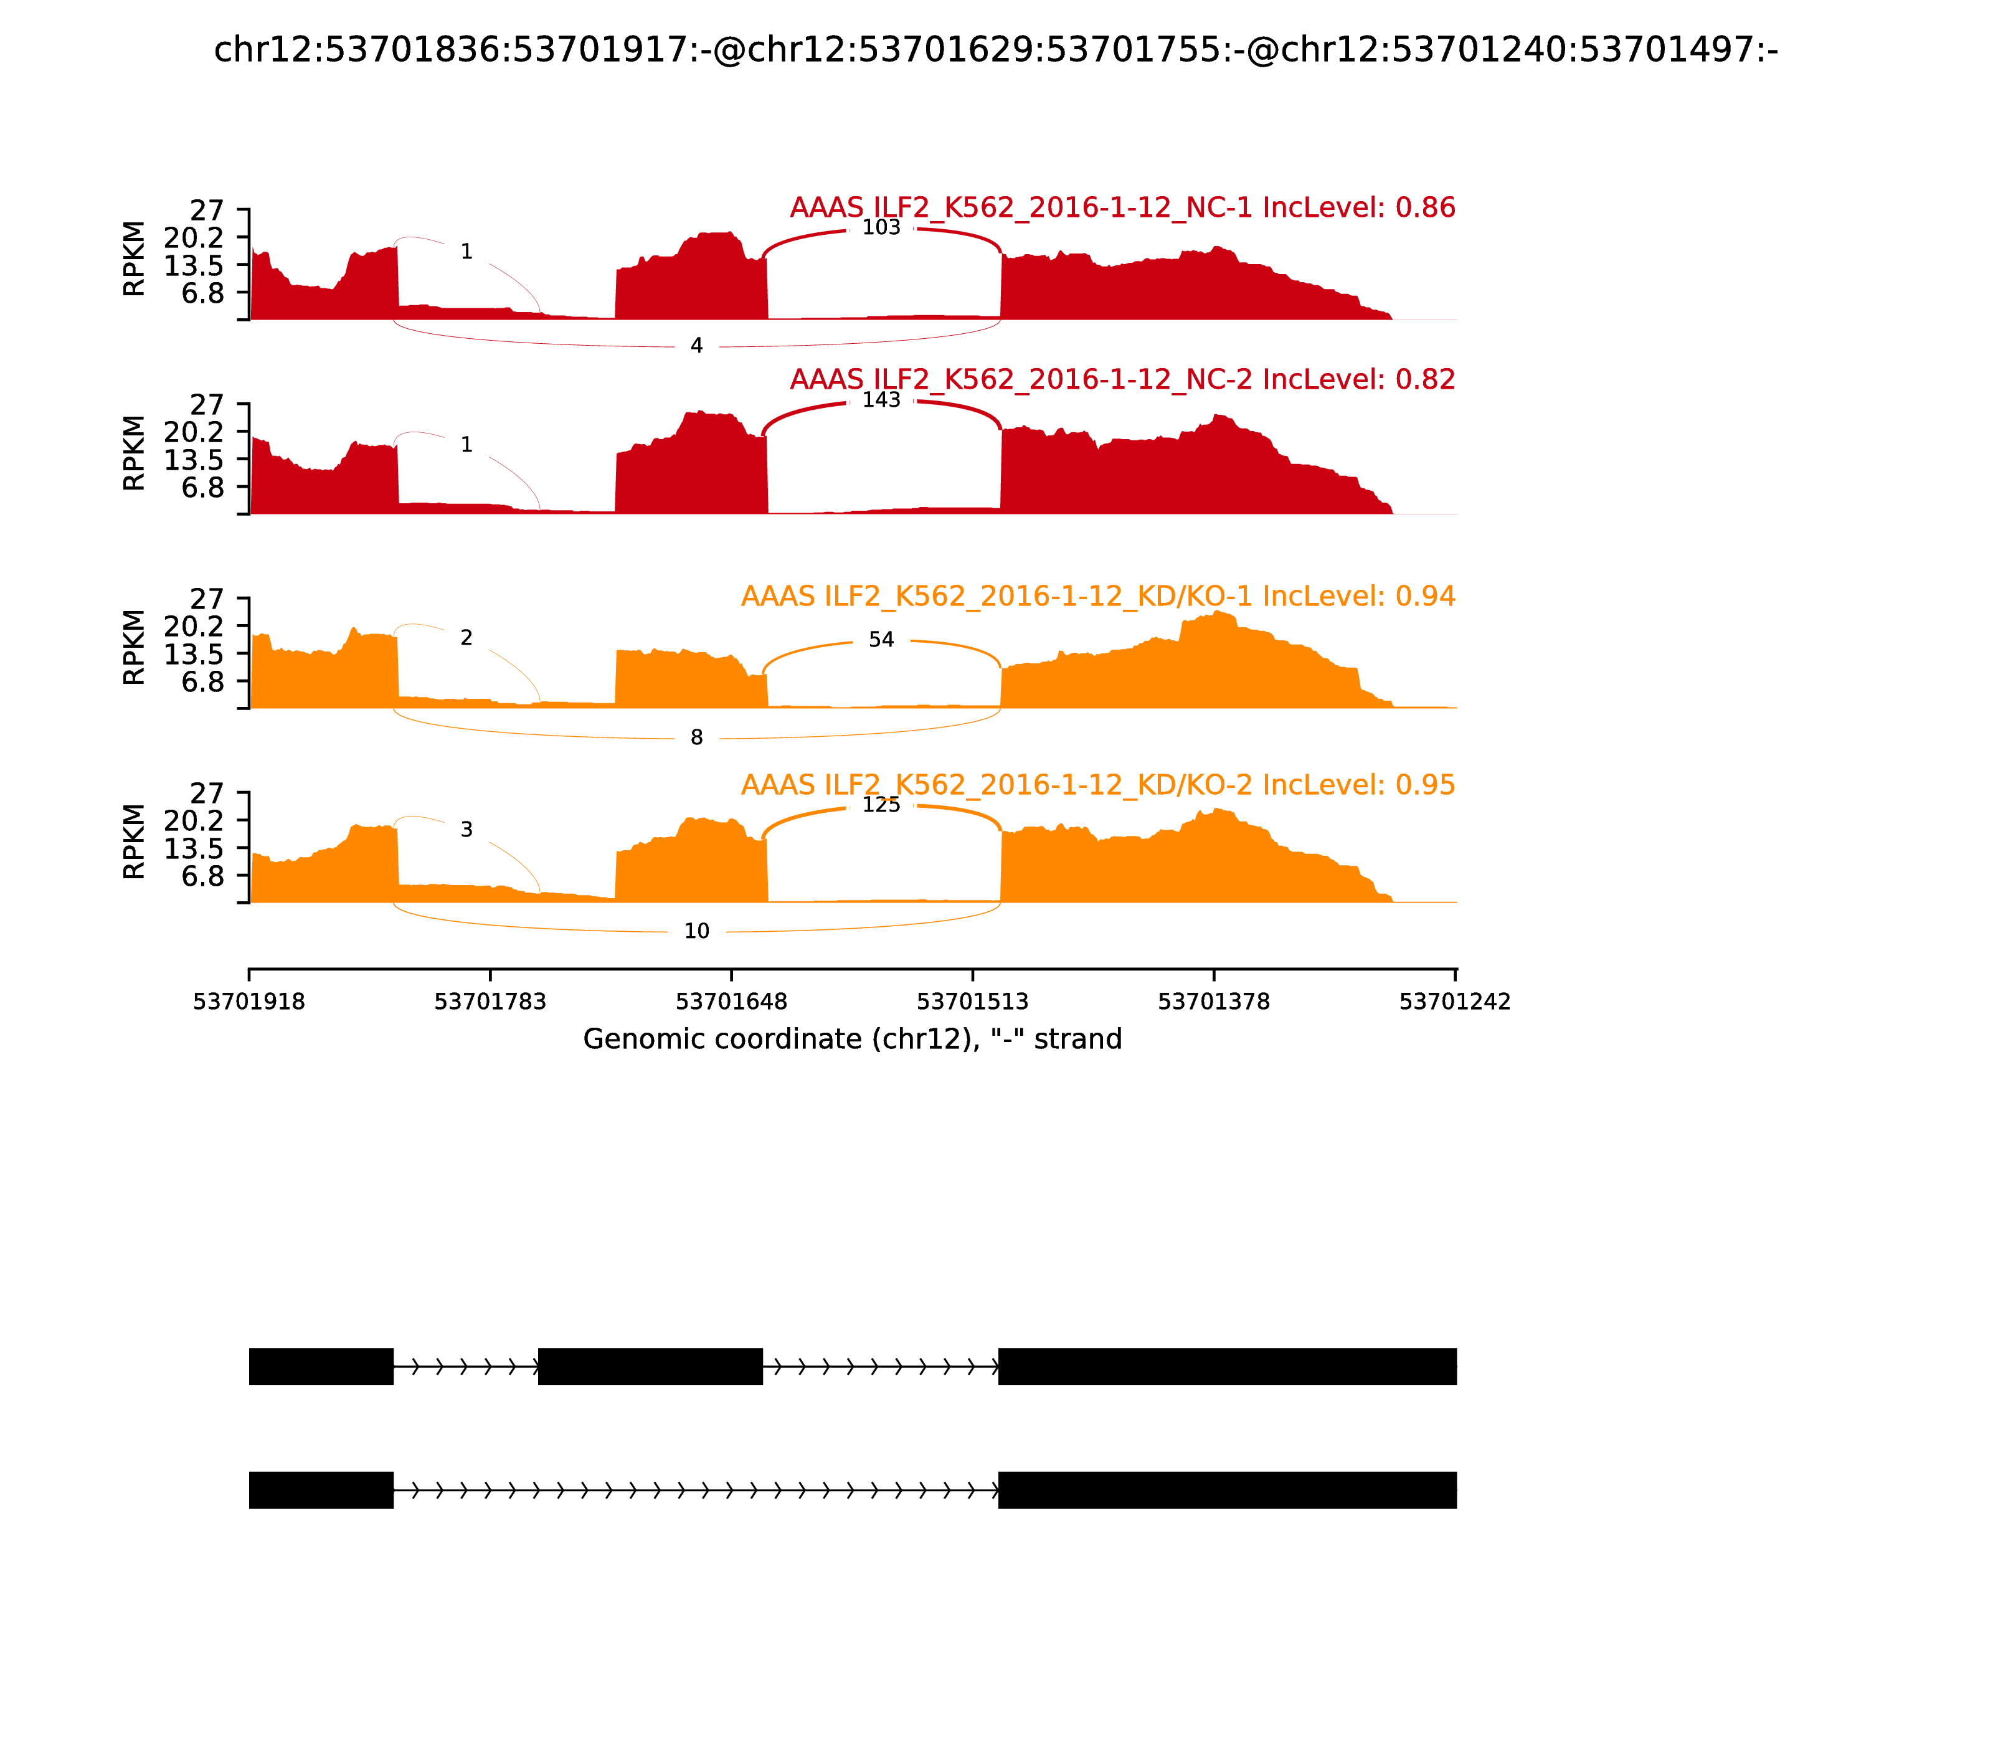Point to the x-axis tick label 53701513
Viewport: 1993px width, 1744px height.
pos(972,1002)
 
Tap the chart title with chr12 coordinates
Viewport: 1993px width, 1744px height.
pos(995,50)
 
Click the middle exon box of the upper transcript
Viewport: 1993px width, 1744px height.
pos(650,1367)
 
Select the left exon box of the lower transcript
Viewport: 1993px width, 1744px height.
pos(321,1490)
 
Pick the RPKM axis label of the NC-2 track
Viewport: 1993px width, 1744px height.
pos(135,453)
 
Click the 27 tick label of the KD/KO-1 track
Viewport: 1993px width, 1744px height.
pos(206,599)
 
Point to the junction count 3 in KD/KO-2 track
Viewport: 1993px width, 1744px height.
pos(466,829)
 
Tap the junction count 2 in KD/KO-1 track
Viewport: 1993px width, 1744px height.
pos(466,637)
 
